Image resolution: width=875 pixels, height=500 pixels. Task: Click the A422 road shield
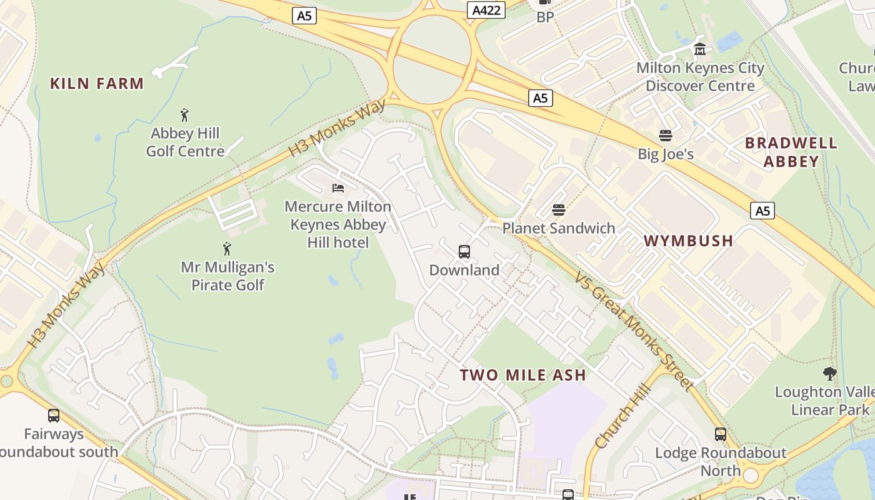486,10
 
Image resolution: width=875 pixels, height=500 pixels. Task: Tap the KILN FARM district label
97,83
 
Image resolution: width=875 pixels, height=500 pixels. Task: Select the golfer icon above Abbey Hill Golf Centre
184,115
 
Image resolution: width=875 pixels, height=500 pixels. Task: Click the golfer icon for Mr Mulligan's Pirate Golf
227,249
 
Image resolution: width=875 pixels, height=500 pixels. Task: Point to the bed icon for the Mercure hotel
338,187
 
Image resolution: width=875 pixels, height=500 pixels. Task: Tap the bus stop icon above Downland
464,252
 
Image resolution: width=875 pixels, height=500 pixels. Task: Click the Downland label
464,270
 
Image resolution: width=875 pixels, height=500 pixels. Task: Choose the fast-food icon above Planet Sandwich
559,210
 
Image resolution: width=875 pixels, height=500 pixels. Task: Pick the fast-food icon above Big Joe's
665,136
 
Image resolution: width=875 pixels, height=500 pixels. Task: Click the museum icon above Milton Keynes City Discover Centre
700,49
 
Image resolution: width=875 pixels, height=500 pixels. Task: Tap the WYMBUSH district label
688,241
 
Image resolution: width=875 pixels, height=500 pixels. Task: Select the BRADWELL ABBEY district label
791,152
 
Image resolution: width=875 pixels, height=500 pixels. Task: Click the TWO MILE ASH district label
523,375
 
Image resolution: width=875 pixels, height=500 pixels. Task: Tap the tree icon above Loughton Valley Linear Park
830,374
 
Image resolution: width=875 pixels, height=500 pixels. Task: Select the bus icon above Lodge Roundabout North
721,434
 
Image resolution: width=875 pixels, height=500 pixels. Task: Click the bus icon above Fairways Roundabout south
54,416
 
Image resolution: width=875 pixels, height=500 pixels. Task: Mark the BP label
546,17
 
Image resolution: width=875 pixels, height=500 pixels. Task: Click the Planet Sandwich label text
559,228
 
